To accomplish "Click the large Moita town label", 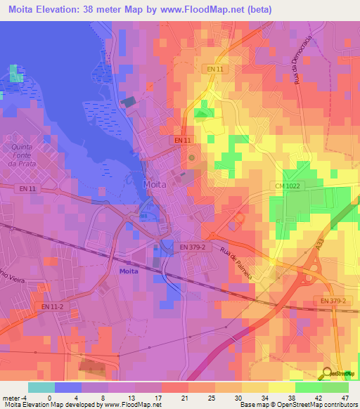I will coord(155,184).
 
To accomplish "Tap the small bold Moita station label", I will coord(129,271).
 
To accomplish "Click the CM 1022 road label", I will coord(288,186).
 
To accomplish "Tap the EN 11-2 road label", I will coord(51,306).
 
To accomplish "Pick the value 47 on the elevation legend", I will coord(345,397).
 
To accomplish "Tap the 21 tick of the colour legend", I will coord(162,397).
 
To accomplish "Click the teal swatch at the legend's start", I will coord(41,387).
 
